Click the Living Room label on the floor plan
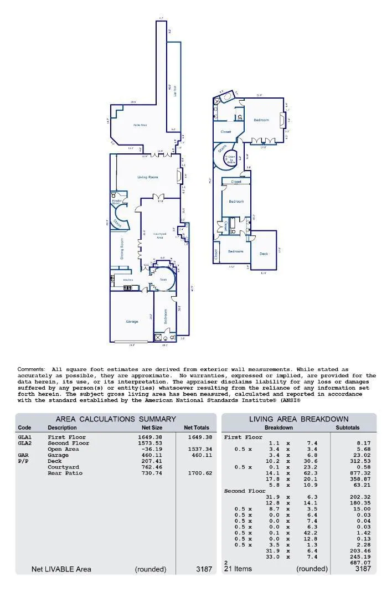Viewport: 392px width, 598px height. (148, 177)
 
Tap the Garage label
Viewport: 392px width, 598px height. (132, 321)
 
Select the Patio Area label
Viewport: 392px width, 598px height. (140, 125)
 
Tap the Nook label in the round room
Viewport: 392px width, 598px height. (163, 280)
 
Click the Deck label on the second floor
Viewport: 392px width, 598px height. (264, 254)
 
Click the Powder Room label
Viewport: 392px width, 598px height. (116, 202)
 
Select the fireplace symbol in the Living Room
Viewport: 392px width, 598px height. (178, 176)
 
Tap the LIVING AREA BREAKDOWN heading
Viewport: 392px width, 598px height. (298, 419)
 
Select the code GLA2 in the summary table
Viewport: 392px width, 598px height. (25, 443)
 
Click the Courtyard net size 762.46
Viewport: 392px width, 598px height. (150, 467)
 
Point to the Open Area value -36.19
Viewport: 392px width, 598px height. (150, 449)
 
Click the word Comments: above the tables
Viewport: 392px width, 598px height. (31, 369)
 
